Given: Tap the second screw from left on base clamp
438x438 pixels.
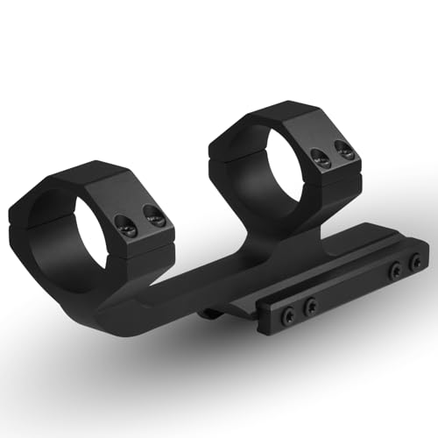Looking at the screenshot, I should pyautogui.click(x=309, y=307).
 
